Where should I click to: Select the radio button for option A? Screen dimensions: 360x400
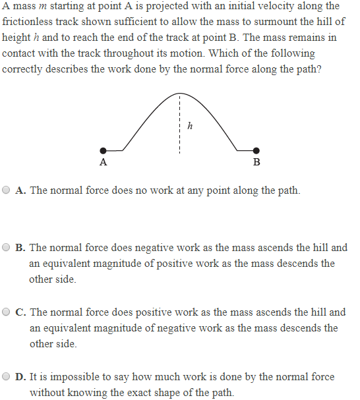[7, 190]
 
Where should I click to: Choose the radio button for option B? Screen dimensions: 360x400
[7, 248]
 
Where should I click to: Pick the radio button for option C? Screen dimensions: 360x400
[7, 312]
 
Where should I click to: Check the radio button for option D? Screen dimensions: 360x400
[7, 377]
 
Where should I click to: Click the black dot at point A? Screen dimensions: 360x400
[103, 150]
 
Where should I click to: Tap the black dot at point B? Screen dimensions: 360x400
[256, 150]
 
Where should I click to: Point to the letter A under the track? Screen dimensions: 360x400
[103, 162]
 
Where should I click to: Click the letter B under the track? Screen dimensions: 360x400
[256, 162]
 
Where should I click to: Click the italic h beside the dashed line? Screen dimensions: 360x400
[190, 126]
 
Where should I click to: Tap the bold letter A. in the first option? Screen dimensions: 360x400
[20, 190]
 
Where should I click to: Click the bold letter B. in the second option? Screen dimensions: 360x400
[20, 248]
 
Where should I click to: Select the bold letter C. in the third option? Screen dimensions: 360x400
[20, 312]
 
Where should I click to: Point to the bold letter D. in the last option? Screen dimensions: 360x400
[20, 377]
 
